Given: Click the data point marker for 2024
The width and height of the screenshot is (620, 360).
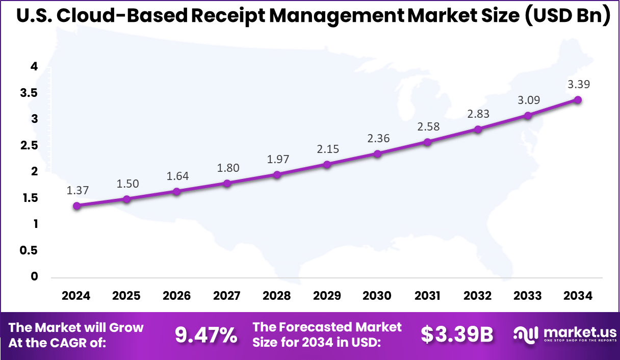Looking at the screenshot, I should pyautogui.click(x=76, y=206).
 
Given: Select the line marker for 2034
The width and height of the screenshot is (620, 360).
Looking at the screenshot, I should pyautogui.click(x=578, y=100).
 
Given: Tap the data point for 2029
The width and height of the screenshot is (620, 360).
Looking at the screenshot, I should pyautogui.click(x=327, y=164).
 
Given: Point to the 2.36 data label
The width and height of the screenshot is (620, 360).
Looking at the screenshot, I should pyautogui.click(x=378, y=138).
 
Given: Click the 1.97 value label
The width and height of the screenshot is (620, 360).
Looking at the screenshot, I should pyautogui.click(x=277, y=160).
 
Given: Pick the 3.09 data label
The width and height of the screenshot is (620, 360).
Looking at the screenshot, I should pyautogui.click(x=528, y=100).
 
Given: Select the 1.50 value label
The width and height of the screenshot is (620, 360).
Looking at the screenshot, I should pyautogui.click(x=127, y=184).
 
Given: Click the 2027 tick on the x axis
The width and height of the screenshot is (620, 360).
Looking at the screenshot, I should pyautogui.click(x=227, y=296).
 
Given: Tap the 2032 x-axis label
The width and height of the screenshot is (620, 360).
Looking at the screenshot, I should pyautogui.click(x=478, y=296).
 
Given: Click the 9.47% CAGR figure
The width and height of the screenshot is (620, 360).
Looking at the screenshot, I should pyautogui.click(x=206, y=335).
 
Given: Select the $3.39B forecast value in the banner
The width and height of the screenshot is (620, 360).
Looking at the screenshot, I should pyautogui.click(x=457, y=335).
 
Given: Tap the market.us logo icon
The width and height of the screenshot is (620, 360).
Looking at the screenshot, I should pyautogui.click(x=526, y=334).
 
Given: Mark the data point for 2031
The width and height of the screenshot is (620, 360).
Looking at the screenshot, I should pyautogui.click(x=428, y=142).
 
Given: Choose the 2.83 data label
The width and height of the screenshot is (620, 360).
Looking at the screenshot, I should pyautogui.click(x=478, y=114).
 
